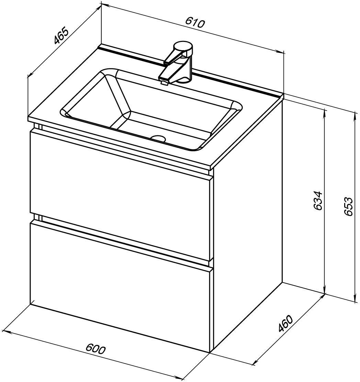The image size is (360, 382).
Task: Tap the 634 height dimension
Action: tap(318, 201)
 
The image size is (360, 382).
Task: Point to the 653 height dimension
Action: tap(348, 206)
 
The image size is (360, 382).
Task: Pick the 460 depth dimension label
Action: tap(285, 324)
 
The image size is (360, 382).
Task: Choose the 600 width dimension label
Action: tap(96, 349)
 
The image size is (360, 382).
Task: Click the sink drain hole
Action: tap(158, 138)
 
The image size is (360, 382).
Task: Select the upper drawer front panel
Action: tap(119, 195)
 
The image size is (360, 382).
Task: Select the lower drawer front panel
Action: tap(119, 285)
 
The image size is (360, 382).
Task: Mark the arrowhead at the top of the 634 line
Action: tap(324, 112)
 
